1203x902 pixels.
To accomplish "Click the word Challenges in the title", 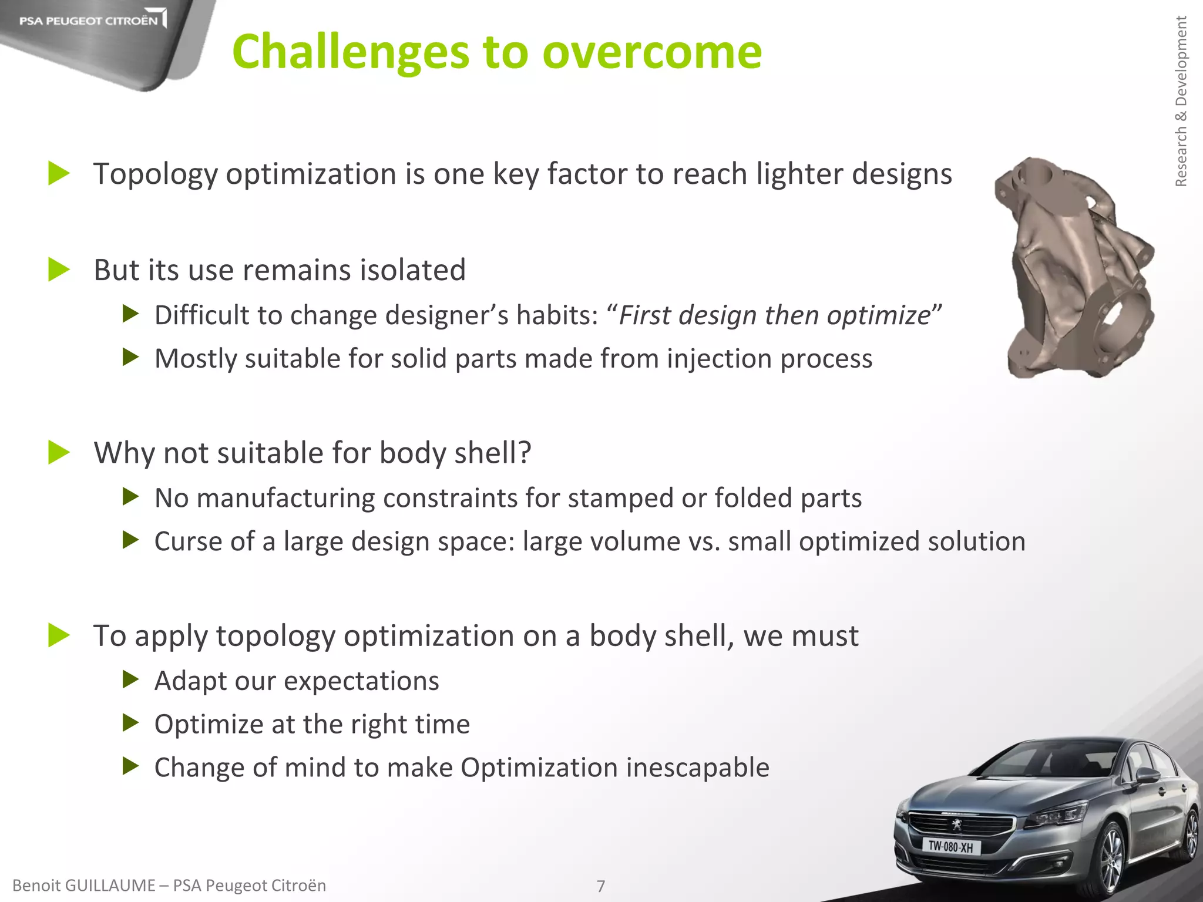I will pos(351,52).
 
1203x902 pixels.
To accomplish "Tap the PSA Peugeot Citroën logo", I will pos(89,21).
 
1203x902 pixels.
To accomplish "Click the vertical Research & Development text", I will pos(1181,101).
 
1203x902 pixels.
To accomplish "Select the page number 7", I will pos(600,886).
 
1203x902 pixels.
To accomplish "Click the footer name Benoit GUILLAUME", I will pos(83,886).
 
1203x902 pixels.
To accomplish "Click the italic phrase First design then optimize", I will pos(775,315).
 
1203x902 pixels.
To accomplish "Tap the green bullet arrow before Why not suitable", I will pos(59,453).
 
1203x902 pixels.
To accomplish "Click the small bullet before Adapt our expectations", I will pos(130,681).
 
